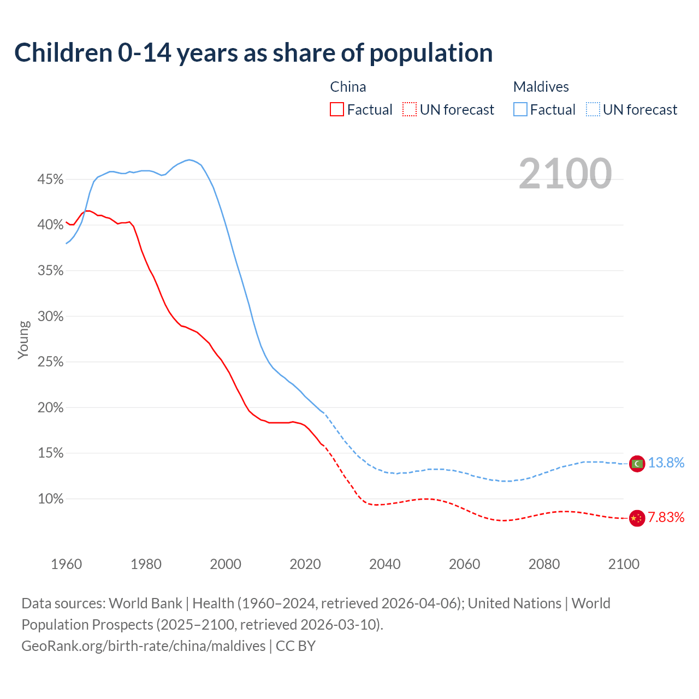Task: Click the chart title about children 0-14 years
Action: click(253, 53)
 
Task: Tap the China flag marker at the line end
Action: click(637, 518)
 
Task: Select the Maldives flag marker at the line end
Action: click(637, 464)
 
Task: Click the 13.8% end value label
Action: click(666, 463)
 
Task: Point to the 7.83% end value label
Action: click(666, 518)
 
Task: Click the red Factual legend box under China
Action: click(337, 110)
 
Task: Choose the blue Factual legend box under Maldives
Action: click(520, 110)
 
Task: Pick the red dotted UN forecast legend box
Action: click(410, 110)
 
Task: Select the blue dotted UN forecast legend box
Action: click(593, 110)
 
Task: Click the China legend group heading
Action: click(348, 87)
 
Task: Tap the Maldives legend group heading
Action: click(541, 87)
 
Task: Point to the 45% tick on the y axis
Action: click(50, 180)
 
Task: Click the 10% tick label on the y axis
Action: click(50, 499)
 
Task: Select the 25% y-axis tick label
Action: click(50, 362)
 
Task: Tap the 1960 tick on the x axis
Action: click(66, 564)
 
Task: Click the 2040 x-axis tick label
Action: click(384, 564)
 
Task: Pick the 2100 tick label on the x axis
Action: click(623, 564)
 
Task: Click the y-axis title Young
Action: click(23, 340)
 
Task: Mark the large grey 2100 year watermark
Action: click(565, 174)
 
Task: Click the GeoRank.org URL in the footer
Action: click(143, 646)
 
